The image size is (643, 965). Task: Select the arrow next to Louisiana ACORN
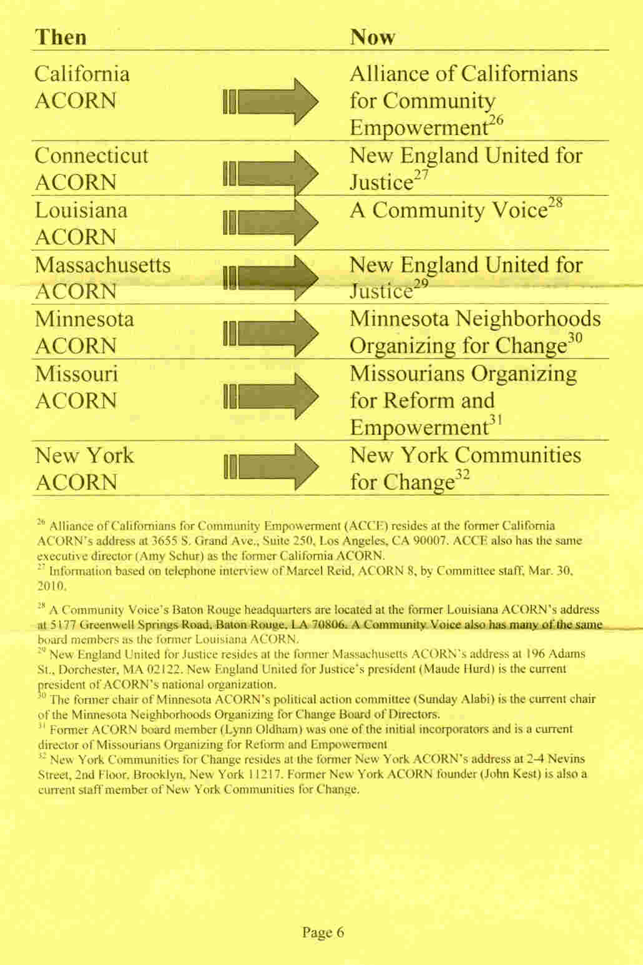click(x=271, y=222)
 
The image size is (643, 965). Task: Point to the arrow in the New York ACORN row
click(x=271, y=468)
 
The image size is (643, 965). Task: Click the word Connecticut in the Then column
click(x=92, y=155)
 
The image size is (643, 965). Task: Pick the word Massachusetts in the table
click(x=103, y=265)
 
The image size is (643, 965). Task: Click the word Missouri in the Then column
click(x=76, y=374)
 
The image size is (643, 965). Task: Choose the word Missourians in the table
click(x=407, y=374)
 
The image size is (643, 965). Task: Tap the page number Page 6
click(x=323, y=933)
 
